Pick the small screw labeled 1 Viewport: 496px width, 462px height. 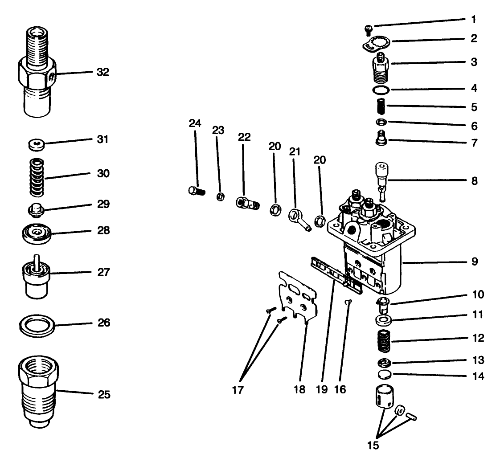tap(368, 29)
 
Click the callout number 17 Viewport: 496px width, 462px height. tap(238, 390)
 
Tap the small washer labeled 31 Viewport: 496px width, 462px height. tap(36, 144)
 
